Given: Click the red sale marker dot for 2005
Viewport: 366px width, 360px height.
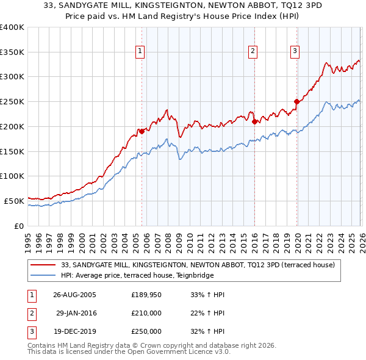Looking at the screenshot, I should [x=142, y=131].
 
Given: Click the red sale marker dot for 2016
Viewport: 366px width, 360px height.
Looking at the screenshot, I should [x=254, y=121].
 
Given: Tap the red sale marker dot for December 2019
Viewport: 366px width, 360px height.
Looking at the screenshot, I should [x=296, y=101].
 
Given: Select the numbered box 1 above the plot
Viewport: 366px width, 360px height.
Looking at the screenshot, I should [x=141, y=51].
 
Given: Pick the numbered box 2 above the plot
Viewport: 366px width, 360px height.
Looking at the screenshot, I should [x=253, y=51].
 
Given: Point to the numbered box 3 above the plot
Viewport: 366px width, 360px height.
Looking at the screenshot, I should [x=295, y=51].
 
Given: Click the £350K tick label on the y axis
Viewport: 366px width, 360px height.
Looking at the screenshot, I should [x=12, y=52].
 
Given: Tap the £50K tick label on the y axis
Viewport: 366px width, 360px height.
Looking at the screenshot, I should [x=14, y=201].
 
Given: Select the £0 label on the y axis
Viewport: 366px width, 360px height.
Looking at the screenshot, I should [x=18, y=226].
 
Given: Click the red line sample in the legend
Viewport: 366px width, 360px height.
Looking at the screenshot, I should [x=45, y=265].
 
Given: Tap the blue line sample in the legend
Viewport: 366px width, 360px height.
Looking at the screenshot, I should [x=45, y=275].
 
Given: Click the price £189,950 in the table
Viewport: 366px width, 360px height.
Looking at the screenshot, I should [x=146, y=295].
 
